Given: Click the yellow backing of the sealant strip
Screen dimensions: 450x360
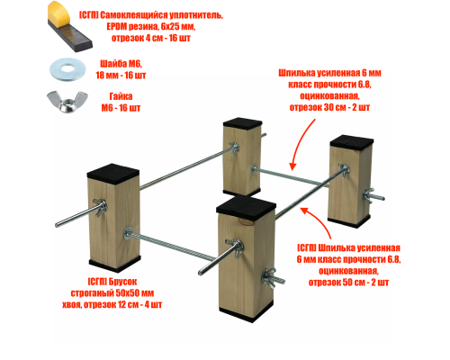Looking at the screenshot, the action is [x=59, y=12].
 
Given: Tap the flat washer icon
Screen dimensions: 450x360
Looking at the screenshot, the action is [x=67, y=69].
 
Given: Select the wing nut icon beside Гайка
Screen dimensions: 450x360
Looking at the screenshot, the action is [x=67, y=102].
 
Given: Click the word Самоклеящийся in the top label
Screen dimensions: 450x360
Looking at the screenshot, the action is [x=133, y=15].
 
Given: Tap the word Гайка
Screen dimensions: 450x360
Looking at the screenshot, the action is [x=121, y=96].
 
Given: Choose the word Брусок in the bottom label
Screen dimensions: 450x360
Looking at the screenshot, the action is [x=122, y=282].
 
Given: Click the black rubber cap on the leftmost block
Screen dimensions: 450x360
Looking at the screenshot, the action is [x=113, y=173].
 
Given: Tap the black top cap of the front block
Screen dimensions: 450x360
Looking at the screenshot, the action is [x=246, y=204].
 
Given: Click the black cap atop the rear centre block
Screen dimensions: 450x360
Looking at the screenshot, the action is [x=243, y=123].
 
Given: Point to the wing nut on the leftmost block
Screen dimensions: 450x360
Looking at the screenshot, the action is [x=100, y=207].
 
